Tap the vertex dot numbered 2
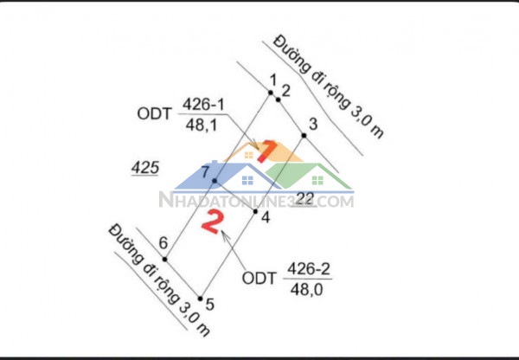(279, 100)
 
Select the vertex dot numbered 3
(304, 134)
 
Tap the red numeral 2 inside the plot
(210, 222)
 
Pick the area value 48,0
(308, 290)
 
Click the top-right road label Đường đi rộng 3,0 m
(330, 86)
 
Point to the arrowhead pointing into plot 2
(224, 234)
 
